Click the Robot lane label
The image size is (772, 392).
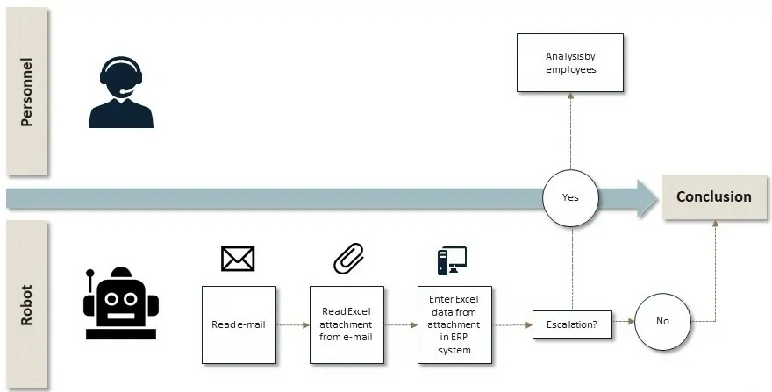26,304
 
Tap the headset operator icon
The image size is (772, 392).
121,93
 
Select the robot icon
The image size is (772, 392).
120,303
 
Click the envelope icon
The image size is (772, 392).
238,258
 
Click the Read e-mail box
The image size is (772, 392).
239,324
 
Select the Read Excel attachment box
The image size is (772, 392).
347,324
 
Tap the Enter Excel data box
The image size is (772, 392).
454,324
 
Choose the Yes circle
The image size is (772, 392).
570,197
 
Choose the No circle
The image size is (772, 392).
662,321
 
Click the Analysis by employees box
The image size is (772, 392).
570,63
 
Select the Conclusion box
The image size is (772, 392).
713,196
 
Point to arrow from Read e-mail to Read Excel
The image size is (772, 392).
293,324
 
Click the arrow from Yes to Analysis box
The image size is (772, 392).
570,132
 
